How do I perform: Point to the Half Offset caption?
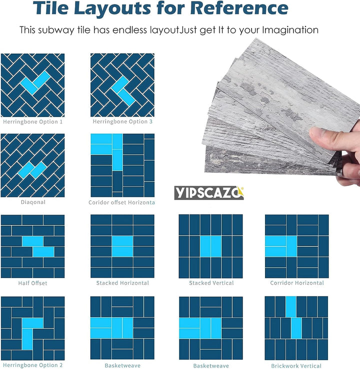(x=32, y=283)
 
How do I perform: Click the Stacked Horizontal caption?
(x=122, y=283)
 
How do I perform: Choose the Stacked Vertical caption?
(x=211, y=283)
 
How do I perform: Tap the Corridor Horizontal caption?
(x=297, y=283)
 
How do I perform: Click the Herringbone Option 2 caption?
(x=33, y=365)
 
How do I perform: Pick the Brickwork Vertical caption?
(x=297, y=365)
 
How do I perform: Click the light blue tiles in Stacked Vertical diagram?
(x=211, y=246)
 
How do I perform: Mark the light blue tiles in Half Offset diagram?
(x=38, y=246)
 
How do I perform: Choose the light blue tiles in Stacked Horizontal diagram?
(x=122, y=246)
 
